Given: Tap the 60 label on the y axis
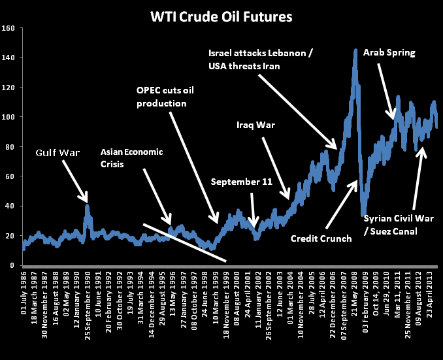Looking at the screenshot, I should tap(10, 176).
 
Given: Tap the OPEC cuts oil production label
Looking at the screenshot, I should tap(165, 96).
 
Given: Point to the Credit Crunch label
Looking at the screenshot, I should tap(321, 238).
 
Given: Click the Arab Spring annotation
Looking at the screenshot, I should tap(389, 52).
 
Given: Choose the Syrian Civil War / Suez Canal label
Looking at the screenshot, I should tap(399, 223).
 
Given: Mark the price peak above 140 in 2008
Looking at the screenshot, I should tap(355, 50).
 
